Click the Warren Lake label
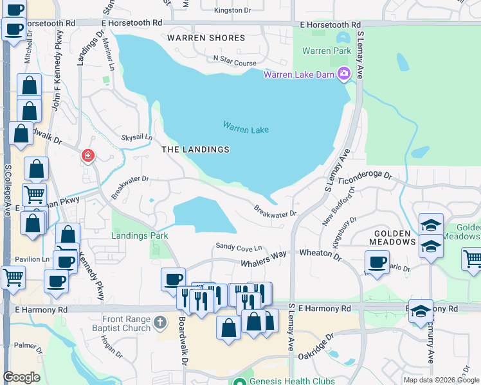coord(246,128)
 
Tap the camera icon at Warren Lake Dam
coord(344,74)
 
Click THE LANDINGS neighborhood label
coord(195,150)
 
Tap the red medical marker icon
coord(87,156)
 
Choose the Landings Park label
coord(140,235)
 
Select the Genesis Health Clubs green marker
coord(239,381)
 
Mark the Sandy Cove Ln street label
coord(239,247)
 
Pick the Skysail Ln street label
coord(136,137)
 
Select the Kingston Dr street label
coord(232,10)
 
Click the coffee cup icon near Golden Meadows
coord(377,261)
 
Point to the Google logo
coord(21,377)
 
